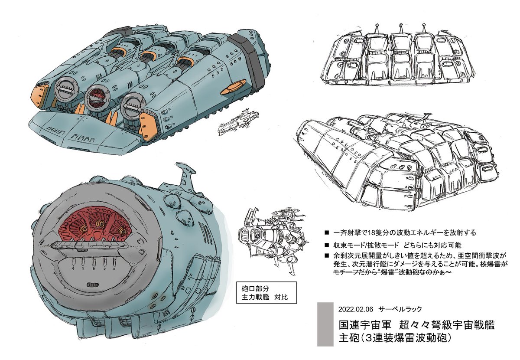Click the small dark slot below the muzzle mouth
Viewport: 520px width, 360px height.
pyautogui.click(x=92, y=285)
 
